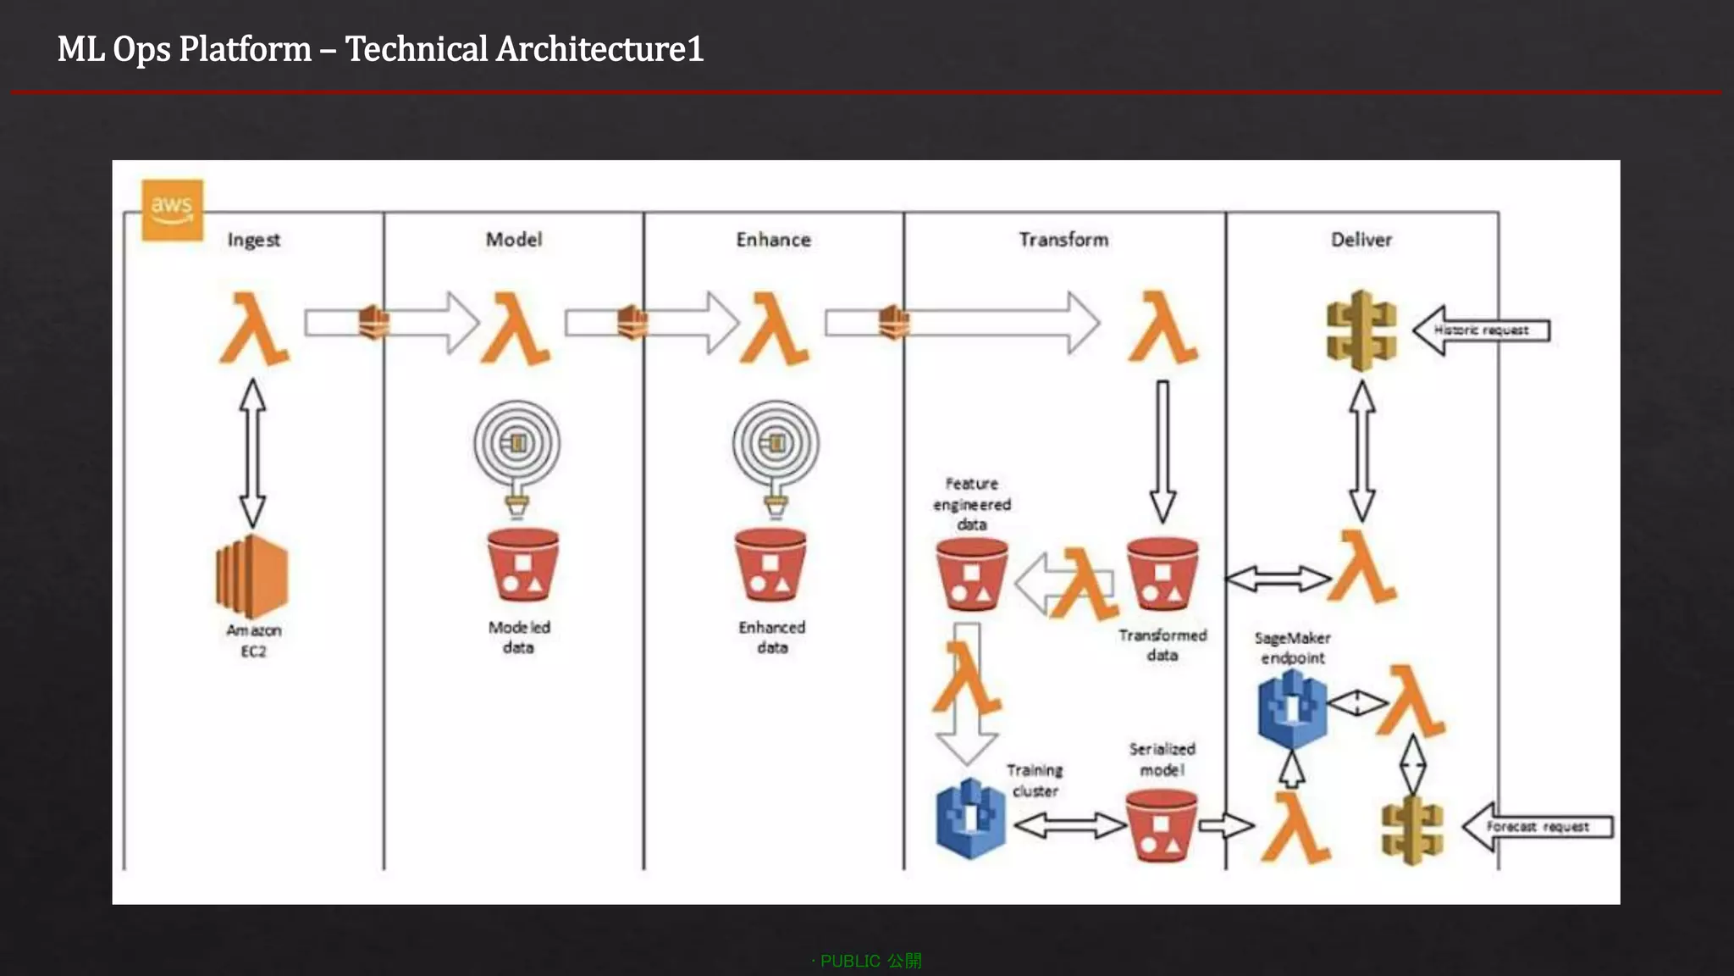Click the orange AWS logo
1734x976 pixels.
click(172, 209)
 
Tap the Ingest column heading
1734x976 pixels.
click(253, 240)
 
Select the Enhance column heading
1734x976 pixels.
click(773, 240)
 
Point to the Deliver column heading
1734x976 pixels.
click(1361, 240)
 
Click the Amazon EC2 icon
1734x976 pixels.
click(252, 576)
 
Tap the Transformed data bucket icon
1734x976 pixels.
click(1162, 574)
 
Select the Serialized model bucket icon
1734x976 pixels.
click(1161, 825)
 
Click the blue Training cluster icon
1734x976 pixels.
click(970, 818)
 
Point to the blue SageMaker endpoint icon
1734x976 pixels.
click(1292, 708)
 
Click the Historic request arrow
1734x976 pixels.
click(1481, 330)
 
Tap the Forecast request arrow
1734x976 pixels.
click(1537, 827)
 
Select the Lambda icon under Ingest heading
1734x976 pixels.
click(253, 329)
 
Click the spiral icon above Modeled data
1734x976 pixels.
click(516, 443)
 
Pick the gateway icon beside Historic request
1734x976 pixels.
click(1361, 330)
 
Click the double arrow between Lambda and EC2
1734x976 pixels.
click(252, 453)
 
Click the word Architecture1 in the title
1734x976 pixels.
click(599, 49)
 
